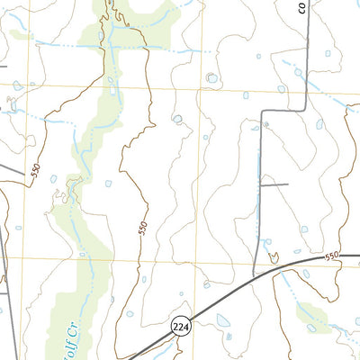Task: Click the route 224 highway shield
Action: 180,326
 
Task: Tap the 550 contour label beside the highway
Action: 332,256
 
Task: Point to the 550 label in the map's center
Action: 141,229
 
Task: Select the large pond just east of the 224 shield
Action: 221,319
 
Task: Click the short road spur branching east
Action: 274,184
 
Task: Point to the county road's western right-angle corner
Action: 262,112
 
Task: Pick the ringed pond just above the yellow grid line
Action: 211,78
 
